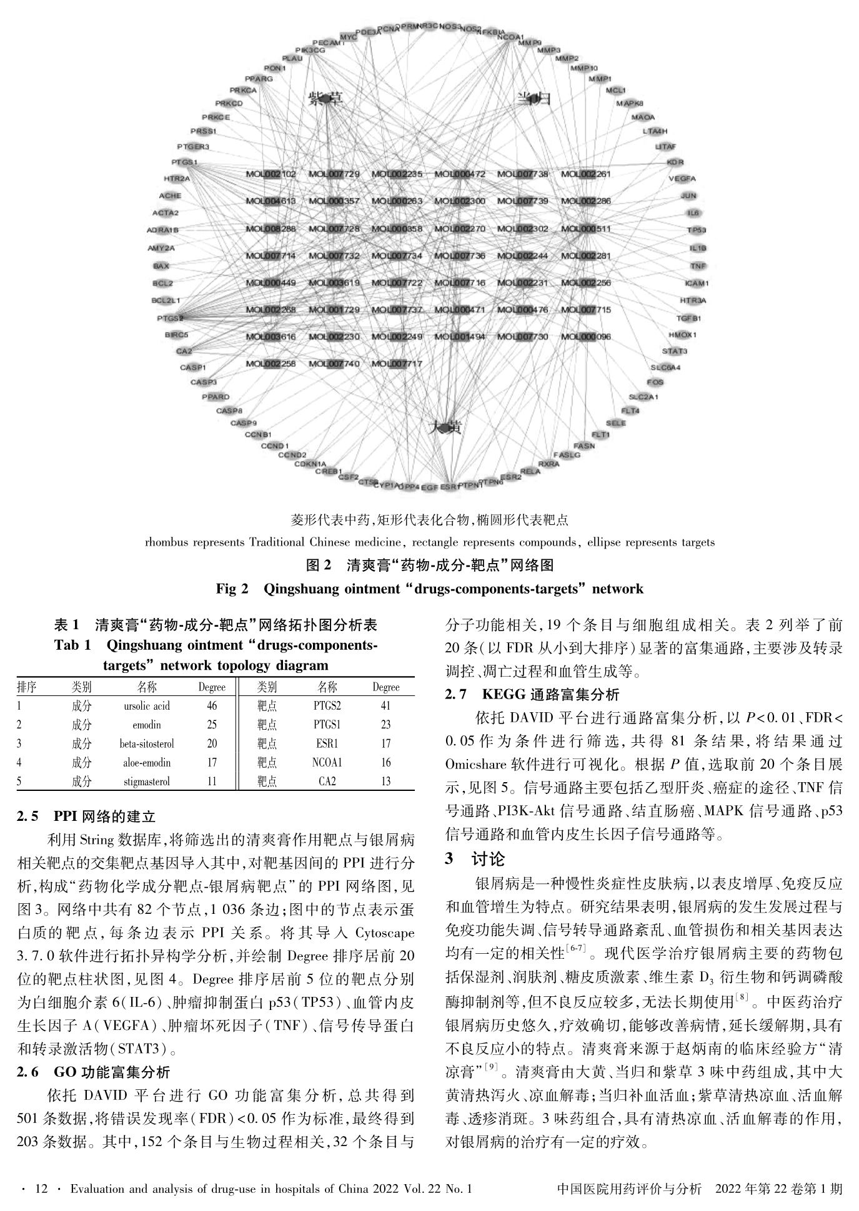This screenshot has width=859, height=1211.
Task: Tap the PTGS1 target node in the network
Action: click(x=184, y=162)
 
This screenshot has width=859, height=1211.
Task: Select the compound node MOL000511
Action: click(x=586, y=228)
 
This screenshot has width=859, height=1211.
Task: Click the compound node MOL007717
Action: click(x=397, y=364)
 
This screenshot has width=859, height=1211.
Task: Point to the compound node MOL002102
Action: click(x=271, y=174)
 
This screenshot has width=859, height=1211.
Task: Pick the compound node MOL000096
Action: click(x=586, y=337)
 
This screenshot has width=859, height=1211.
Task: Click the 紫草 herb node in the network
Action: click(x=325, y=99)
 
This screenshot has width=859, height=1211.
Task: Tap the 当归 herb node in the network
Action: click(x=533, y=98)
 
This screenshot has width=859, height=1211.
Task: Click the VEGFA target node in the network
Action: click(x=682, y=179)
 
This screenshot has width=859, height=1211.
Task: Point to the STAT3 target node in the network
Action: click(x=675, y=351)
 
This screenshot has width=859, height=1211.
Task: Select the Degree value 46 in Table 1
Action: click(x=212, y=706)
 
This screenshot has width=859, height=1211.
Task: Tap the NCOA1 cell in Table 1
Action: click(x=327, y=762)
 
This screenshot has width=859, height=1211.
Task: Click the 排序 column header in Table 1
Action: click(x=26, y=687)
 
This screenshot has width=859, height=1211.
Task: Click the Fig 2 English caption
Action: click(x=429, y=589)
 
